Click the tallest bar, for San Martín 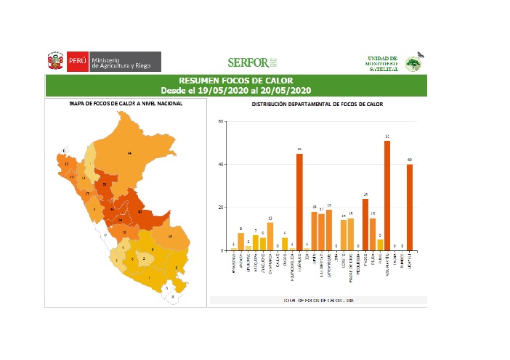click(387, 195)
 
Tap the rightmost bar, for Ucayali click(409, 207)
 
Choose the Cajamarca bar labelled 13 click(270, 236)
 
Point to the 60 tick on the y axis click(221, 121)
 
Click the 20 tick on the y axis click(221, 208)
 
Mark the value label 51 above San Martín click(387, 136)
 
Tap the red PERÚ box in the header click(78, 62)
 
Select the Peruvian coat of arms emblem click(56, 62)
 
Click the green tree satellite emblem click(413, 63)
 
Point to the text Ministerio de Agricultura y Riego click(121, 62)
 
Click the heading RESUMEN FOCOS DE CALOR click(235, 80)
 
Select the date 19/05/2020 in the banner click(215, 90)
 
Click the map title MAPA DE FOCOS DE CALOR click(126, 104)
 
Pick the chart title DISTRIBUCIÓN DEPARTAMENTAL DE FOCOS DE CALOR click(317, 104)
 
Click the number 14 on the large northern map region click(129, 154)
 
